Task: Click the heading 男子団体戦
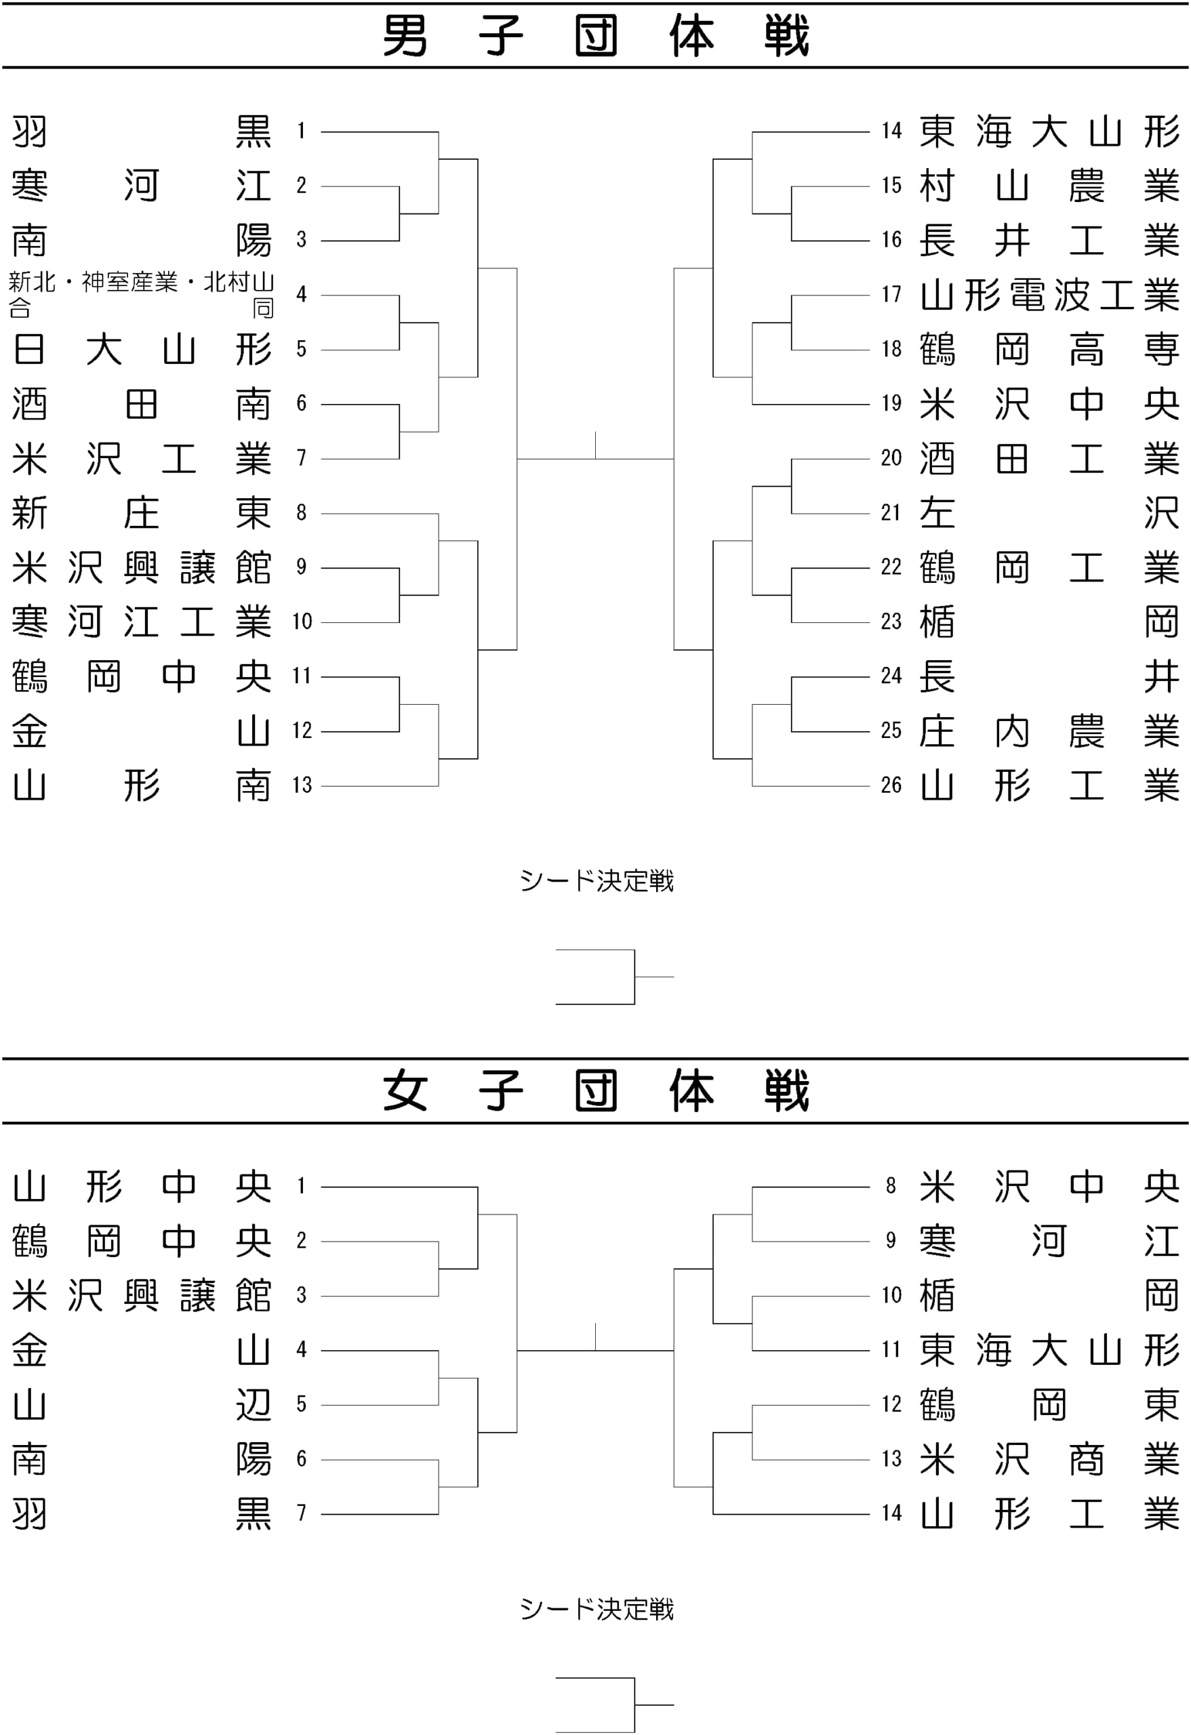[x=596, y=36]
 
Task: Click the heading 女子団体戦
[x=596, y=1090]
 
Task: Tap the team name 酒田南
[x=142, y=404]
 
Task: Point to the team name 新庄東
[x=142, y=513]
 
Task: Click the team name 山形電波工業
[x=1049, y=295]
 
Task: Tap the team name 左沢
[x=1049, y=513]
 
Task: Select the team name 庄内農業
[x=1049, y=731]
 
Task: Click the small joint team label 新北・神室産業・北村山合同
[x=141, y=295]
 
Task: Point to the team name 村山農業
[x=1049, y=186]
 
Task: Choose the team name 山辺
[x=142, y=1404]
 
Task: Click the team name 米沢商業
[x=1049, y=1458]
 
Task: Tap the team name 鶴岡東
[x=1049, y=1404]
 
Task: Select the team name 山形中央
[x=142, y=1186]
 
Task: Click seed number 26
[x=891, y=785]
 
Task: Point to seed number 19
[x=891, y=403]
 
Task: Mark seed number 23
[x=891, y=621]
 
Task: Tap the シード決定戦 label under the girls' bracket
[x=597, y=1609]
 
